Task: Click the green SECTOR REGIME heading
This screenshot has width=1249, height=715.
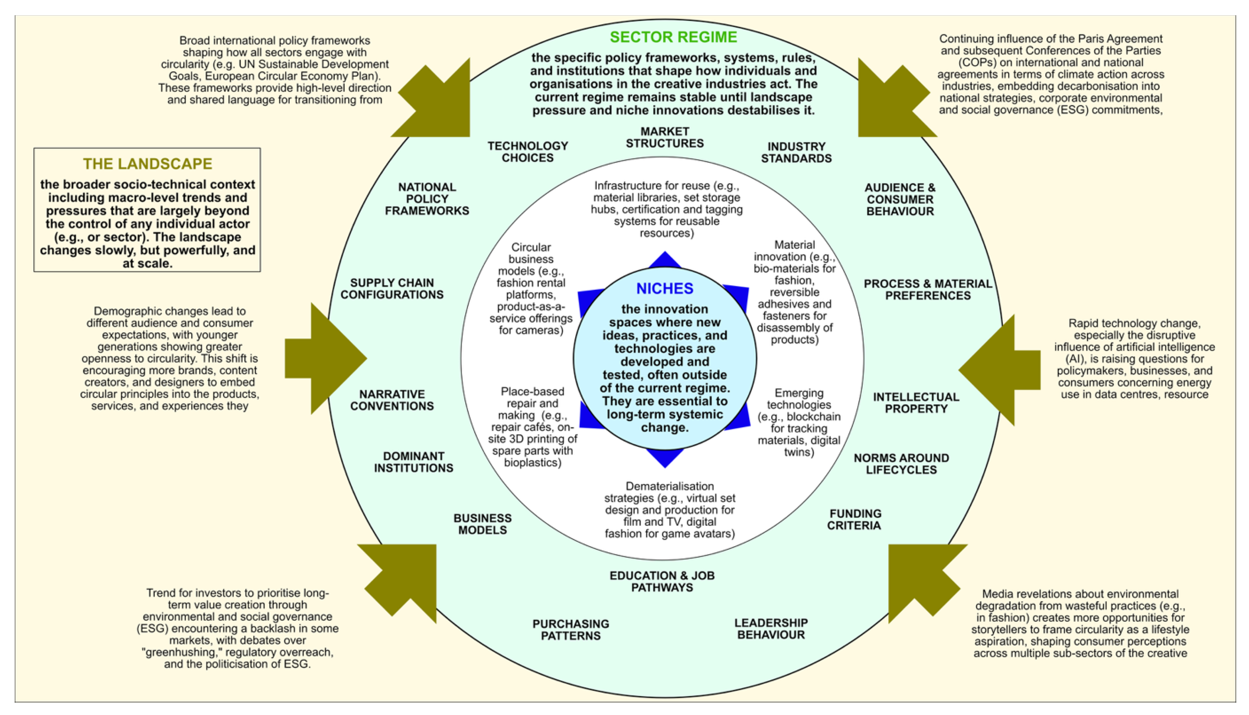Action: coord(673,37)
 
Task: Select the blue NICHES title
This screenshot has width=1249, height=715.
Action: coord(665,288)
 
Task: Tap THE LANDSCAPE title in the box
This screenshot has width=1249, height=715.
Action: coord(147,164)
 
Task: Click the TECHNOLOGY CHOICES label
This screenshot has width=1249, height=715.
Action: coord(528,152)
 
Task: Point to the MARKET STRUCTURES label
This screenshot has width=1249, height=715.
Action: coord(665,138)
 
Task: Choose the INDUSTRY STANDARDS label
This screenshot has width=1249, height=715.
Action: coord(796,152)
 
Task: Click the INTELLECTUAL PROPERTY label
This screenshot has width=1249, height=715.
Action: coord(916,403)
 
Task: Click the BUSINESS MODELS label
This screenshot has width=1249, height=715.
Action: coord(482,524)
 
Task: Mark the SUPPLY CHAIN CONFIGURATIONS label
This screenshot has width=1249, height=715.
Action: coord(392,289)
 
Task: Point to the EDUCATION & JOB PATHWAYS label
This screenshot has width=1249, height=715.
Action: coord(662,581)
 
